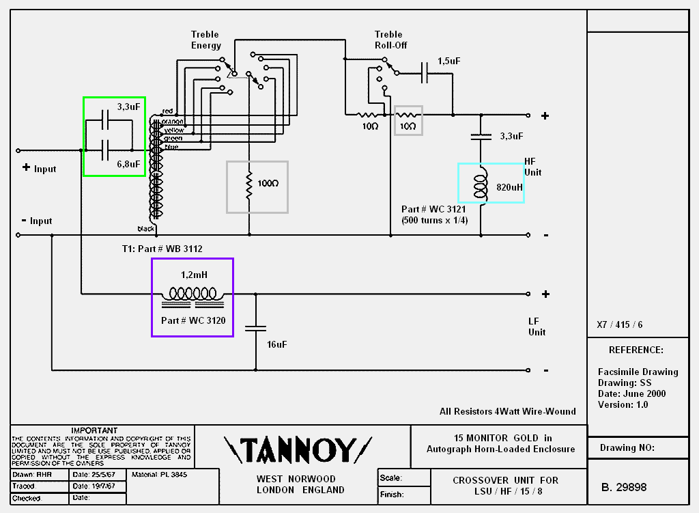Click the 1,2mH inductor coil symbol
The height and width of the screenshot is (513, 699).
[x=192, y=294]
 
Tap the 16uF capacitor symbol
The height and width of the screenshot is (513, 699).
[x=255, y=328]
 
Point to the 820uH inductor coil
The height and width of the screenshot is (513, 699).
[x=481, y=185]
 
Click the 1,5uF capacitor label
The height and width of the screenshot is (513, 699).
[x=449, y=61]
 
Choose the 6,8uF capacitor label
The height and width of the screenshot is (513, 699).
[x=128, y=164]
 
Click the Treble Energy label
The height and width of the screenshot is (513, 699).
[x=205, y=40]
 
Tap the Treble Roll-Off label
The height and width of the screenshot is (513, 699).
[x=388, y=40]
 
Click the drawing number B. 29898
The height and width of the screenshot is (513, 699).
[x=624, y=487]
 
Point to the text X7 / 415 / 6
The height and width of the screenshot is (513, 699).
[x=620, y=324]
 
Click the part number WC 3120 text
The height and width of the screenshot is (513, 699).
[x=193, y=320]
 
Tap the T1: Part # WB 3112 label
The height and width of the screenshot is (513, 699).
[x=158, y=249]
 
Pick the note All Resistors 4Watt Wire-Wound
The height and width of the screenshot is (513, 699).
[x=508, y=411]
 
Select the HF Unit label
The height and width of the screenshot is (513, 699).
[x=532, y=166]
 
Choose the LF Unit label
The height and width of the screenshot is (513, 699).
[x=537, y=326]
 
